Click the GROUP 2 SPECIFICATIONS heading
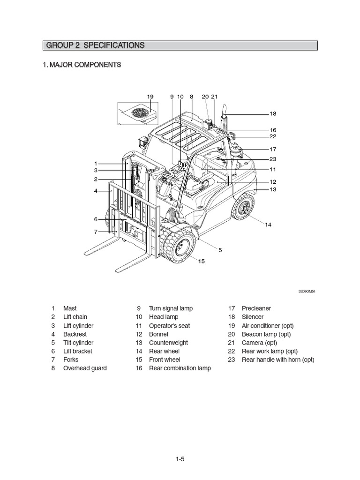point(95,45)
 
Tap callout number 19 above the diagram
point(150,97)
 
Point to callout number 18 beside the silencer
point(273,114)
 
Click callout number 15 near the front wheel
point(202,261)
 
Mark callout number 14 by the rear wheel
point(268,225)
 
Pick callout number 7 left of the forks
point(96,232)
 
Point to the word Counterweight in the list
point(168,343)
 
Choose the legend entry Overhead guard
point(85,368)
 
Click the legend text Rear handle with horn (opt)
point(277,360)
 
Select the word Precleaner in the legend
point(256,308)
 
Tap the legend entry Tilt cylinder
point(78,343)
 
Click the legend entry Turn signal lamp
point(171,308)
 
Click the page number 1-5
point(180,459)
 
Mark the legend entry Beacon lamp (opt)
point(266,334)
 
